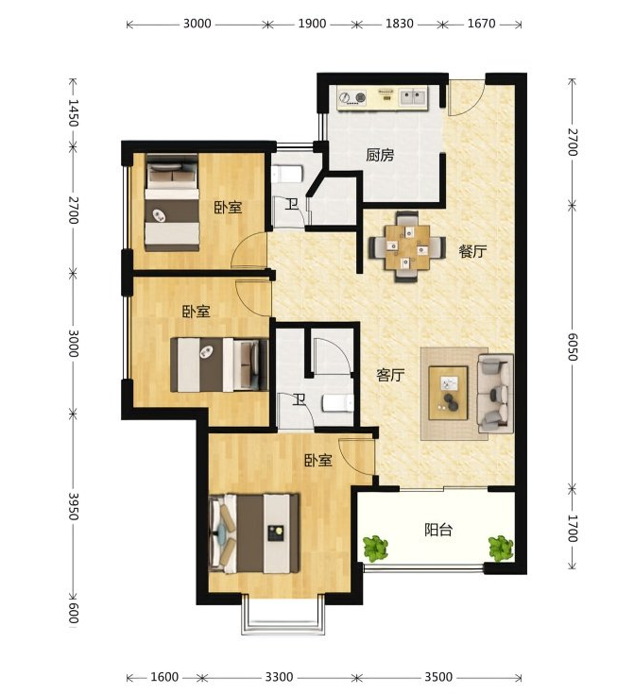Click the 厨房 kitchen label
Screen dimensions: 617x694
pyautogui.click(x=380, y=155)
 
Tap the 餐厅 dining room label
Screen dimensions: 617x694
pyautogui.click(x=472, y=251)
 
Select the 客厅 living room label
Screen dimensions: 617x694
pyautogui.click(x=390, y=376)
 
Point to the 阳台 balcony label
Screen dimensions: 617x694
pyautogui.click(x=438, y=530)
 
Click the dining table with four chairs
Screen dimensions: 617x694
pyautogui.click(x=407, y=247)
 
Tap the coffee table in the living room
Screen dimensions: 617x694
pyautogui.click(x=448, y=393)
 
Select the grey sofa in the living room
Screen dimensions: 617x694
pyautogui.click(x=495, y=393)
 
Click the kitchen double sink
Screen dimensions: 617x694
pyautogui.click(x=413, y=96)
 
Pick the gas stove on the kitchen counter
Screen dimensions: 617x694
pyautogui.click(x=352, y=97)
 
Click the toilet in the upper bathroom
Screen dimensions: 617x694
pyautogui.click(x=287, y=175)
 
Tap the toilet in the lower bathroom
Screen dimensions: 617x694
pyautogui.click(x=337, y=403)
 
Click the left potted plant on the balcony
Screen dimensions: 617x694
pyautogui.click(x=376, y=549)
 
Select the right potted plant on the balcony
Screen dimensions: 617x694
pyautogui.click(x=501, y=549)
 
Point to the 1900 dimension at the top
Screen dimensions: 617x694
pyautogui.click(x=312, y=24)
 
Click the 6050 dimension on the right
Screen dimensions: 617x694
pyautogui.click(x=573, y=347)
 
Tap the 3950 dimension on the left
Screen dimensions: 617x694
pyautogui.click(x=74, y=506)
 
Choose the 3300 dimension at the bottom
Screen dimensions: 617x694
pyautogui.click(x=279, y=677)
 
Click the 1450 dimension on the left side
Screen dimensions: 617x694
pyautogui.click(x=74, y=112)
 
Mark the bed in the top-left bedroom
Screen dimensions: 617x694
pyautogui.click(x=172, y=203)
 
